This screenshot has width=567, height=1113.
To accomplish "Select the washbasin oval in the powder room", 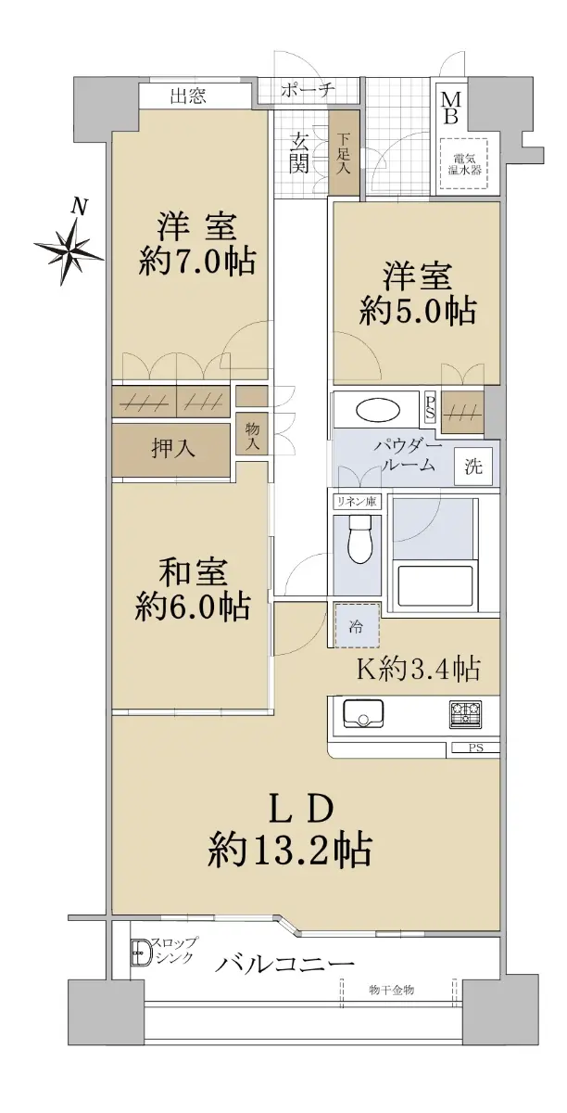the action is click(x=378, y=411).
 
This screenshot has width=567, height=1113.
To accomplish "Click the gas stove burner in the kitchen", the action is click(x=466, y=713).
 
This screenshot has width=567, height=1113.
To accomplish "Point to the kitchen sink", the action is click(x=363, y=714).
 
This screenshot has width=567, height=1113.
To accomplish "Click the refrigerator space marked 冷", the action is click(x=357, y=625).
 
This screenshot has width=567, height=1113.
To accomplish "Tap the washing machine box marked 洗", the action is click(x=474, y=467).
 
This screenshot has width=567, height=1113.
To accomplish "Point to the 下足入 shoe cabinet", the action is click(x=344, y=153).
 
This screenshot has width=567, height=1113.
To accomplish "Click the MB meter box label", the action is click(x=451, y=109).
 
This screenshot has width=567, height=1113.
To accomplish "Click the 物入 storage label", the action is click(x=252, y=436).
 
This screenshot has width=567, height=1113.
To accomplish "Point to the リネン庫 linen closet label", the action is click(x=357, y=501).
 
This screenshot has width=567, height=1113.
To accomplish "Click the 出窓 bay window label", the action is click(x=188, y=96).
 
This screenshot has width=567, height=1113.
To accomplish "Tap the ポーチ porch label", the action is click(x=308, y=90).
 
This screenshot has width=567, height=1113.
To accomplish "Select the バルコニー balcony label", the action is click(x=285, y=965).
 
